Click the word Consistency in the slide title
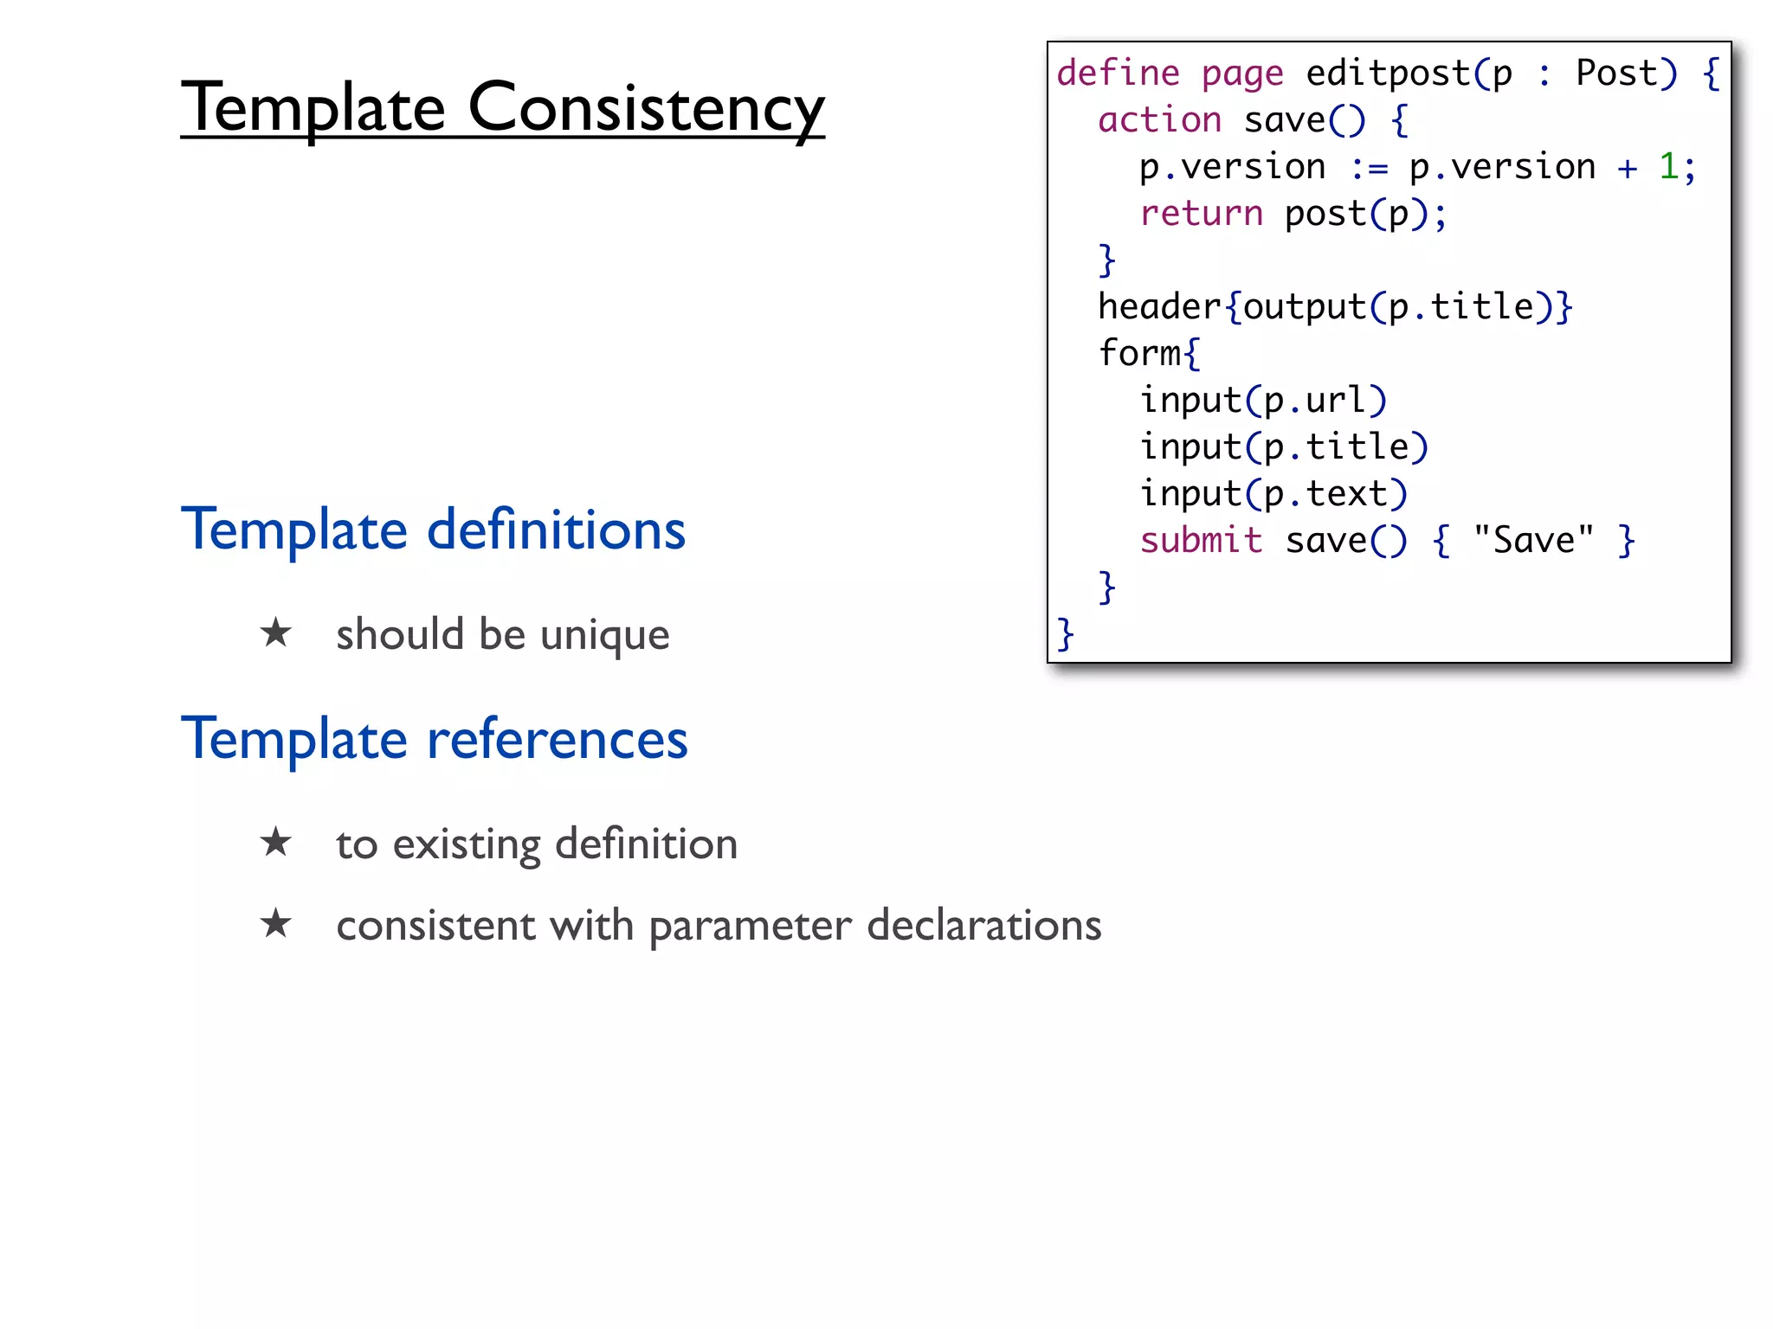[x=646, y=108]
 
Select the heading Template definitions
[x=433, y=530]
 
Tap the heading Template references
[x=434, y=739]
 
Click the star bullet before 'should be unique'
[x=276, y=632]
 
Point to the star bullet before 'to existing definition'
[x=276, y=842]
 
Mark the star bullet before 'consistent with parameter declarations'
[x=276, y=923]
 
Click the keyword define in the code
[x=1118, y=74]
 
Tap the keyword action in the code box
[x=1159, y=120]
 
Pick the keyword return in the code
[x=1201, y=214]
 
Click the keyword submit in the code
[x=1201, y=541]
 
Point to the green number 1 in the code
[x=1668, y=166]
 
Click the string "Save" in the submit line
[x=1533, y=541]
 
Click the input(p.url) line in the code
[x=1263, y=401]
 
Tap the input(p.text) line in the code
[x=1273, y=494]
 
